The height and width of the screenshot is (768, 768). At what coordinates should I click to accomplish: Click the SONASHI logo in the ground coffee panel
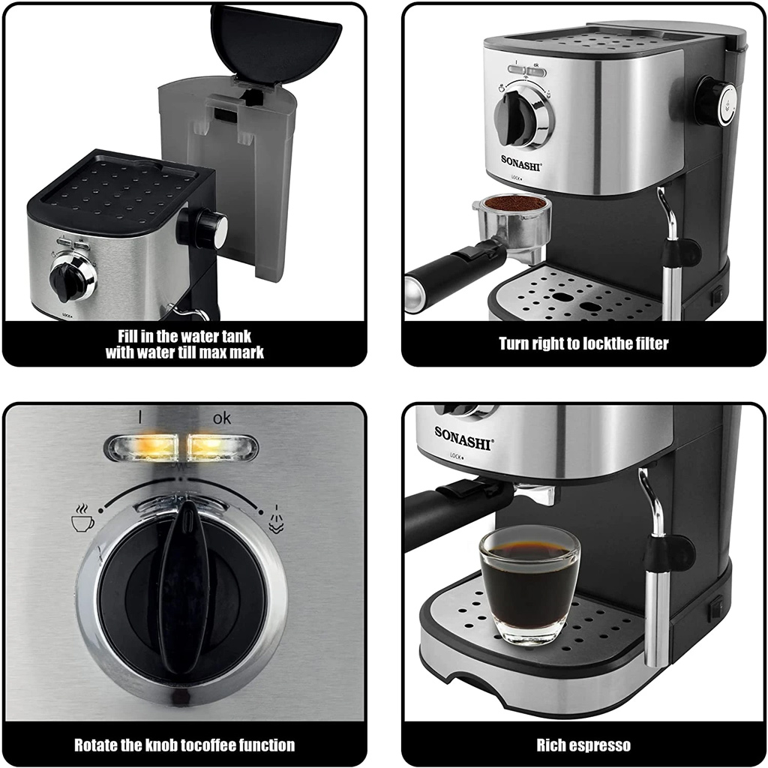point(521,163)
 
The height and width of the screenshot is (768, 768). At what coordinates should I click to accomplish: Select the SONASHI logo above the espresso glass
point(463,438)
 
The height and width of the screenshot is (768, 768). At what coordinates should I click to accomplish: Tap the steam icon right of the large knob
point(276,519)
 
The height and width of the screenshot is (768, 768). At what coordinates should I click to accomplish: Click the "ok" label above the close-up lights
point(221,418)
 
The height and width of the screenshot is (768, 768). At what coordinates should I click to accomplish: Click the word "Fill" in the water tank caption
point(128,337)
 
